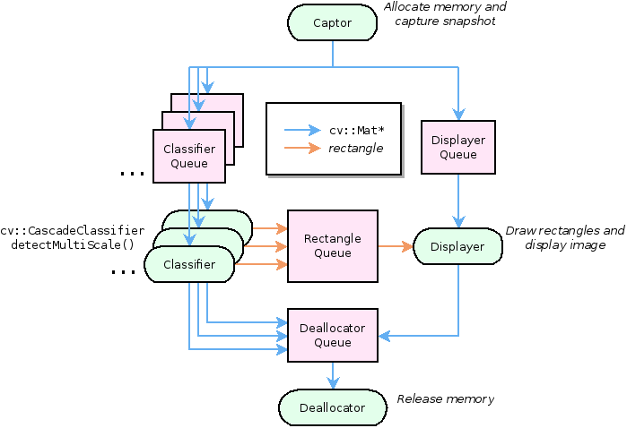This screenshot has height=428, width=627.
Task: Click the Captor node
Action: tap(332, 22)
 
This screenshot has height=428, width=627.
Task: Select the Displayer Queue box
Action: tap(458, 147)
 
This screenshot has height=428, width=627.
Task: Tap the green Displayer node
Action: tap(457, 246)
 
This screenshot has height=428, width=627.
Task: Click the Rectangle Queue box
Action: tap(333, 246)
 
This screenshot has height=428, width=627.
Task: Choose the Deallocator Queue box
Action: tap(333, 335)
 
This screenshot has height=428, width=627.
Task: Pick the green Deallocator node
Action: tap(332, 407)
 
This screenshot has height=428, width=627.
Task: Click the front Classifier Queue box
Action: tap(189, 156)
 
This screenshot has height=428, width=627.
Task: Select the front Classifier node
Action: tap(189, 264)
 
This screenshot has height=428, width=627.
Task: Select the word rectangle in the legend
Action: tap(356, 148)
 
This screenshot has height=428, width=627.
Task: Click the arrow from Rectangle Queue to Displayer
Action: tap(395, 245)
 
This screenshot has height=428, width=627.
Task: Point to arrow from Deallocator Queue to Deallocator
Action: tap(333, 375)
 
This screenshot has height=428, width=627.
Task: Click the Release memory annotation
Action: tap(446, 399)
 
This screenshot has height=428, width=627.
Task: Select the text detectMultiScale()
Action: tap(78, 244)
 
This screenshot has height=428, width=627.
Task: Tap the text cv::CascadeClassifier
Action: tap(73, 230)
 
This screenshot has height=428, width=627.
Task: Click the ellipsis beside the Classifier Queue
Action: tap(132, 172)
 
